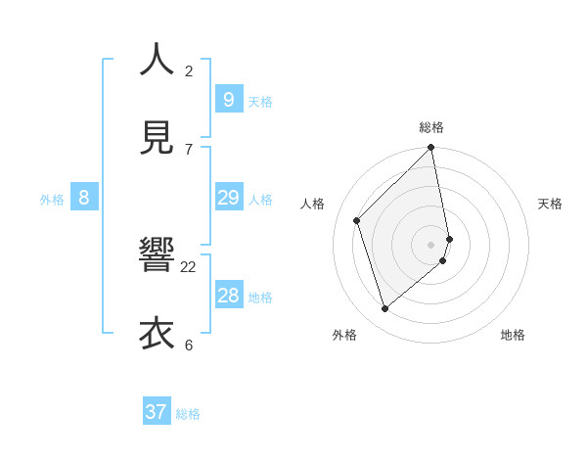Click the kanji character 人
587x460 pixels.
[157, 60]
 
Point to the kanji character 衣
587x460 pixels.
[157, 334]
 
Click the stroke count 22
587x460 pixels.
[188, 266]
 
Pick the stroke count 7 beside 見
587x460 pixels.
[189, 149]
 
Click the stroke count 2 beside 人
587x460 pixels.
[189, 70]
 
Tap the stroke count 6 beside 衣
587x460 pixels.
[189, 345]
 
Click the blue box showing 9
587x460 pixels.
[228, 99]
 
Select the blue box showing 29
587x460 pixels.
[228, 198]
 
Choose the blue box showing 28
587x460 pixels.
[228, 296]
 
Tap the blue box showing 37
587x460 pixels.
[157, 412]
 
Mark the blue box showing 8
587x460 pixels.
[84, 198]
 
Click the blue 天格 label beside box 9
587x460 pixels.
[260, 102]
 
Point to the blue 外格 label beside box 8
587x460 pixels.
[52, 200]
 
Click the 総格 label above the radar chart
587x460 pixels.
[431, 127]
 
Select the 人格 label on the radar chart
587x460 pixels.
[313, 204]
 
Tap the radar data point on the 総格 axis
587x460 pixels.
[431, 148]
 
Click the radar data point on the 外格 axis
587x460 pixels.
[384, 308]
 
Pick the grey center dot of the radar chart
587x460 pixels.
[431, 244]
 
